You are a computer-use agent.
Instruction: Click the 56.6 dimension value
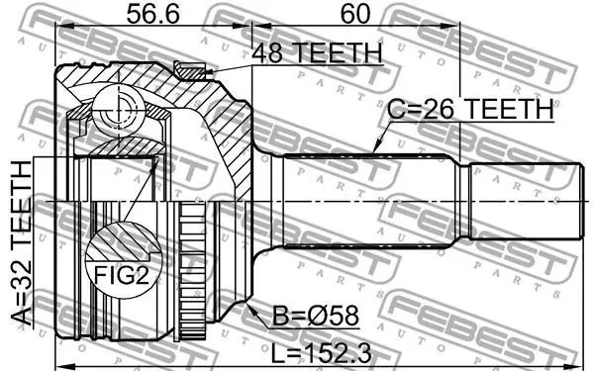click(x=152, y=14)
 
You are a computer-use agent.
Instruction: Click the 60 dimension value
click(x=355, y=14)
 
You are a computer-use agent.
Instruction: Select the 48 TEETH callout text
click(x=317, y=53)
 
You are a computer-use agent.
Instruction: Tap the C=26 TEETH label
click(x=470, y=109)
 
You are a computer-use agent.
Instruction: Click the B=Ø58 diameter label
click(x=316, y=316)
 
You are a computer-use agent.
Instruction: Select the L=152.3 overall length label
click(x=322, y=354)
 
